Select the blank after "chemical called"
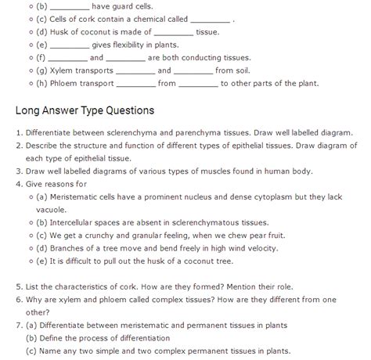point(211,20)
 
